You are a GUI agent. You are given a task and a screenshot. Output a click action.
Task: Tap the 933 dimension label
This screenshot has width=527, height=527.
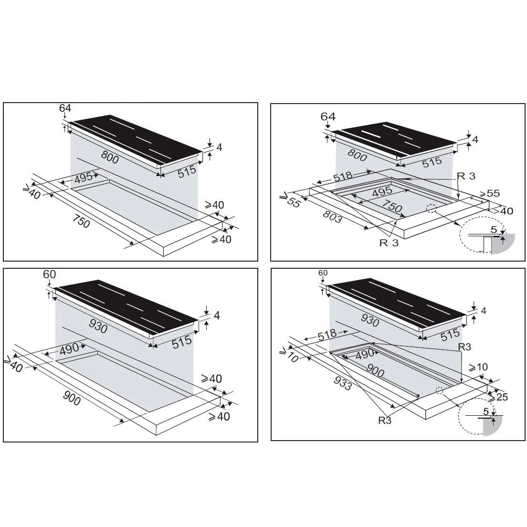pyautogui.click(x=343, y=383)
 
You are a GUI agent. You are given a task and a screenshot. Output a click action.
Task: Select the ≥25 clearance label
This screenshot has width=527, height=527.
pyautogui.click(x=498, y=397)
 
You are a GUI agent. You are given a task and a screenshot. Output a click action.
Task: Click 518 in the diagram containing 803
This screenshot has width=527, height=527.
pyautogui.click(x=343, y=176)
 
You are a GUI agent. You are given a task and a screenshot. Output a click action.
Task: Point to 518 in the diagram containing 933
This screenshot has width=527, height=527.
pyautogui.click(x=327, y=335)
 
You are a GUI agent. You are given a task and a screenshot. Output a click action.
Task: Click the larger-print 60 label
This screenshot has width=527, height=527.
pyautogui.click(x=50, y=274)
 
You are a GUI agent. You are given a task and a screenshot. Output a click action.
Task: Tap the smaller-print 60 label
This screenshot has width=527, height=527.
pyautogui.click(x=323, y=273)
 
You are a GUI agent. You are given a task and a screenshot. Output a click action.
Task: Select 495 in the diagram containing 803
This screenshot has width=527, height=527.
pyautogui.click(x=382, y=191)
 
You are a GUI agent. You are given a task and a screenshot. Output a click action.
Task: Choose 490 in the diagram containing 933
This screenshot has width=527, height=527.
pyautogui.click(x=364, y=354)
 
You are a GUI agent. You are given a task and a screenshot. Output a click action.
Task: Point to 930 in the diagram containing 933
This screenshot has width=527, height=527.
pyautogui.click(x=369, y=320)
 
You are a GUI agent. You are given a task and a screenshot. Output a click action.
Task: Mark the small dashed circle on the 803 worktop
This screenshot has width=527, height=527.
pyautogui.click(x=431, y=209)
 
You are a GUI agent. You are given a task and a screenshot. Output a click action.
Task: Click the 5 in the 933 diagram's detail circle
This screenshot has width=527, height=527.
pyautogui.click(x=485, y=411)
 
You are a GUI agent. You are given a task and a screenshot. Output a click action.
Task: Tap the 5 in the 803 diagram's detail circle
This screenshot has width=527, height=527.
pyautogui.click(x=494, y=230)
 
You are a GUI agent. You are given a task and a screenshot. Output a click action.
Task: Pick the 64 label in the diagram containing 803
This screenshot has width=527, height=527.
pyautogui.click(x=327, y=116)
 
